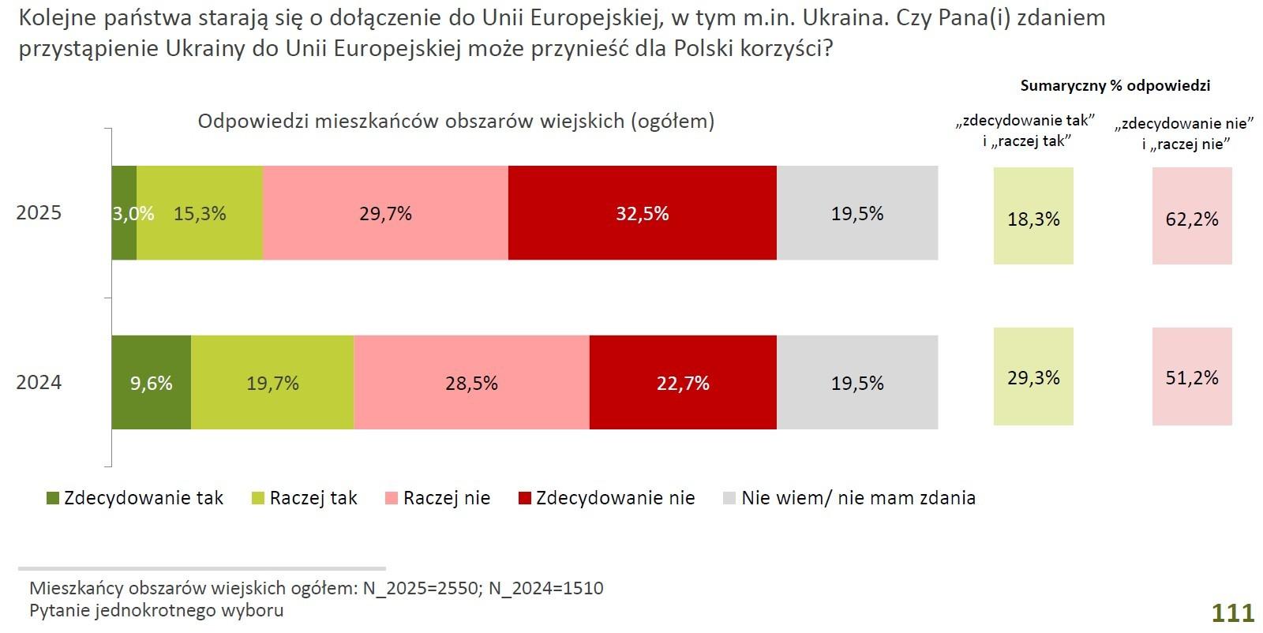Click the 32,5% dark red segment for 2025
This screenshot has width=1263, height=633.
click(643, 213)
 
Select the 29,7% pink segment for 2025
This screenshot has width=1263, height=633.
click(385, 213)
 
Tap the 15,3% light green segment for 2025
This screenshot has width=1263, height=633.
click(200, 213)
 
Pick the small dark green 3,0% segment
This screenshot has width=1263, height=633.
click(124, 213)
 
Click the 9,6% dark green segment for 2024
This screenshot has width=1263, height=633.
click(151, 383)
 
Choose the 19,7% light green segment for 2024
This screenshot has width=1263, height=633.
click(272, 383)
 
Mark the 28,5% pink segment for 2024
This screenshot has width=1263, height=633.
click(471, 383)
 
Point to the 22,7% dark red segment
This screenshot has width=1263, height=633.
click(683, 383)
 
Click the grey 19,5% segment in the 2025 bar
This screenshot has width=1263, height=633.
click(857, 213)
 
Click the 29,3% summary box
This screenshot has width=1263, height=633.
click(1033, 377)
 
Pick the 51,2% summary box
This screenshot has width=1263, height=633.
click(1192, 377)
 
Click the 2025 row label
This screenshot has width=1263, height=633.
click(39, 213)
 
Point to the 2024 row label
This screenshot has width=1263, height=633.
click(39, 383)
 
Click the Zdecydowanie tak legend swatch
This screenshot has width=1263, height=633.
click(53, 499)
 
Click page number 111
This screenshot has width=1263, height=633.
click(1232, 613)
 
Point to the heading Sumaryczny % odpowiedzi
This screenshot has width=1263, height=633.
click(1115, 86)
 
